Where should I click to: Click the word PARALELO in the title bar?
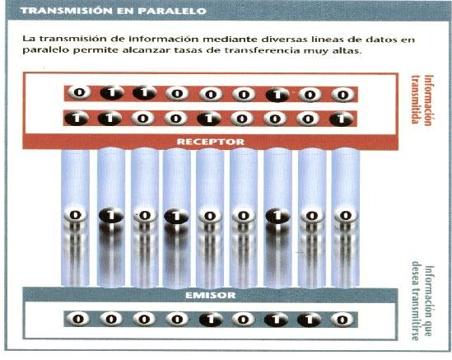coord(172,11)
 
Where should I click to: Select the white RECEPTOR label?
coord(210,142)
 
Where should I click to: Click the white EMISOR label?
coord(211,295)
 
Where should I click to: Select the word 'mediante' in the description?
coord(225,39)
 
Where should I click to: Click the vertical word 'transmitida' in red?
coord(415,99)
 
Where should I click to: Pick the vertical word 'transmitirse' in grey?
coord(415,301)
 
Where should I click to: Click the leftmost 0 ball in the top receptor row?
coord(79,92)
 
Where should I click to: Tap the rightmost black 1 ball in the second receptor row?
coord(342,119)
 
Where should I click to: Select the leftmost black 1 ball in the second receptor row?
coord(77,119)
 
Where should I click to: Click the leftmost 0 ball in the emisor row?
coord(78,319)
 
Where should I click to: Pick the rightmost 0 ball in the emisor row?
coord(342,320)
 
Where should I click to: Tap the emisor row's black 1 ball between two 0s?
coord(211,320)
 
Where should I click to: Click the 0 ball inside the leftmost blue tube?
coord(75,215)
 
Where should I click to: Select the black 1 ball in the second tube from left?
coord(110,215)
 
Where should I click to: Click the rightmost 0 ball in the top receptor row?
coord(342,95)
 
